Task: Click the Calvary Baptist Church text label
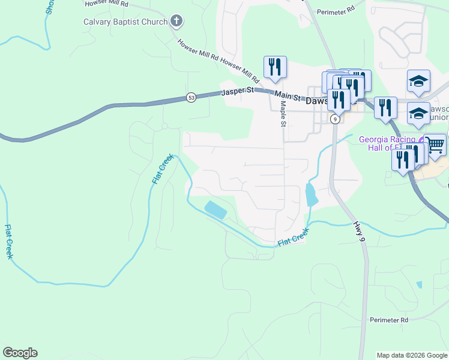tap(125, 23)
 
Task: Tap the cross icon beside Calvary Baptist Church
tap(176, 22)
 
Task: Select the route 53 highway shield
tap(191, 98)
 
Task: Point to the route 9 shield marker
tap(336, 119)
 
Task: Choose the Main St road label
tap(287, 97)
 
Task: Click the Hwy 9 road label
tap(359, 231)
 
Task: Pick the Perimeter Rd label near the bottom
tap(389, 320)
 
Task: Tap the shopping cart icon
tap(435, 144)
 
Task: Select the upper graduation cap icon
tap(419, 82)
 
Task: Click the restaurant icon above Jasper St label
tap(275, 67)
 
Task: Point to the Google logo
tap(20, 353)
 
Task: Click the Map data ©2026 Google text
tap(412, 355)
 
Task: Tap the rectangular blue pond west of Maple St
tap(216, 210)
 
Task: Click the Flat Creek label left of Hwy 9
tap(294, 237)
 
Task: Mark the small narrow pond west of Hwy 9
tap(310, 194)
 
